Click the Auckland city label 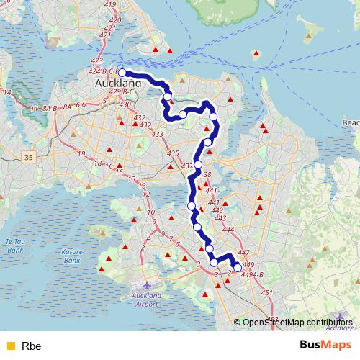point(113,83)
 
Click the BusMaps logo point(325,344)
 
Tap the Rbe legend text point(32,346)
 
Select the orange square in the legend point(10,346)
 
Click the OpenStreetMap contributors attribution point(297,322)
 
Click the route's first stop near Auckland point(122,73)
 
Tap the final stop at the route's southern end point(238,268)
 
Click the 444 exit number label point(228,230)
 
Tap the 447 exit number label point(243,253)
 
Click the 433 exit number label point(158,135)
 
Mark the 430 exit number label point(125,104)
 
